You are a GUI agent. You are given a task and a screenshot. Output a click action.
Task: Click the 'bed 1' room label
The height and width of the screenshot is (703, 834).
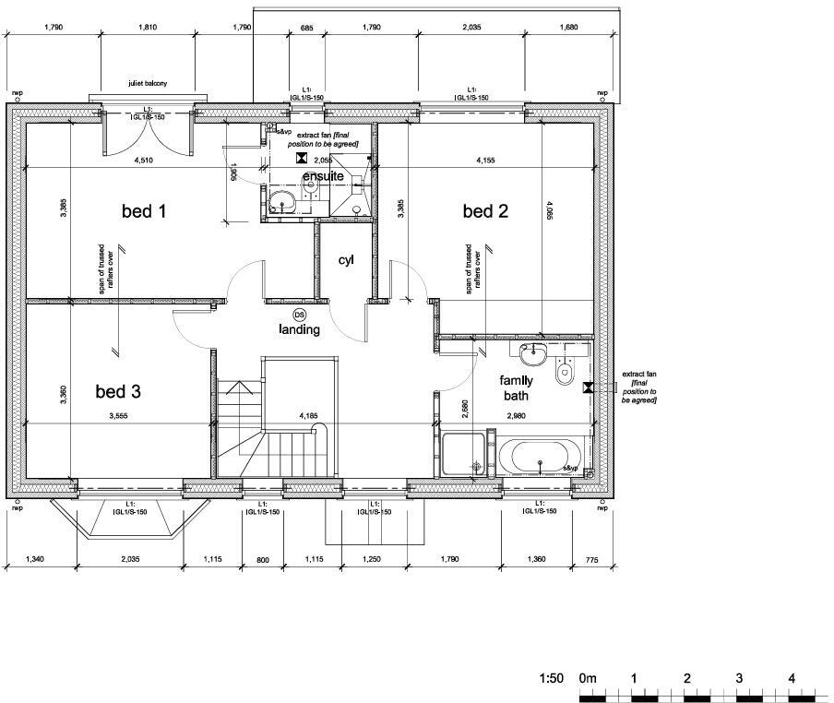[x=144, y=211]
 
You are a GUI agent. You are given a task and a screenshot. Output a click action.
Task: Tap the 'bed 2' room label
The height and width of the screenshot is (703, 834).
[x=485, y=211]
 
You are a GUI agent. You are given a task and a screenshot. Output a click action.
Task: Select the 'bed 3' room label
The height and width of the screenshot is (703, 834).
[x=118, y=392]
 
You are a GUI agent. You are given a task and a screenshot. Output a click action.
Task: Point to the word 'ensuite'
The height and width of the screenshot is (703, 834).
[x=323, y=175]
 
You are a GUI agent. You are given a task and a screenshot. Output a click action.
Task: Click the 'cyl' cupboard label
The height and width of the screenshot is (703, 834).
[x=345, y=260]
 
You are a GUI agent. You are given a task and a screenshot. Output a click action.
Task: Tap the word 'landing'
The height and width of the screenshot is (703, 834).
[x=300, y=329]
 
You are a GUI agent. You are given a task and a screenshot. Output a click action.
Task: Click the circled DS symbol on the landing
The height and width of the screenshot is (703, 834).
[x=300, y=315]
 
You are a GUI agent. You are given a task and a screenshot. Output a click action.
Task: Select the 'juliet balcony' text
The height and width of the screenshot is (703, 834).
[x=148, y=84]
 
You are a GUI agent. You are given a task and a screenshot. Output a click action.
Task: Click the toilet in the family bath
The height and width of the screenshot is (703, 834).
[x=566, y=374]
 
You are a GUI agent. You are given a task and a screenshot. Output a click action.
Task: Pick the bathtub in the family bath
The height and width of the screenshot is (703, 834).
[x=540, y=457]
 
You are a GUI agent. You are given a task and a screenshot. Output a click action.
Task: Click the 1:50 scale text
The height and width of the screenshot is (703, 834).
[x=551, y=678]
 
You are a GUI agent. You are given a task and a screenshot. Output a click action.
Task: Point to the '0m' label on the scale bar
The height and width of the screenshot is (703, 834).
[x=588, y=678]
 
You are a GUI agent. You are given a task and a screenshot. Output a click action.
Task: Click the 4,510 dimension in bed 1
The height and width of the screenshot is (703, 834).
[x=143, y=161]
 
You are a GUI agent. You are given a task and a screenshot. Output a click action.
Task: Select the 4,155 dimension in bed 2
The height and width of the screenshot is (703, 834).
[x=484, y=161]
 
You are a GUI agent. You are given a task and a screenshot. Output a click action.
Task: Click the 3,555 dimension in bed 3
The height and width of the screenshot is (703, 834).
[x=118, y=416]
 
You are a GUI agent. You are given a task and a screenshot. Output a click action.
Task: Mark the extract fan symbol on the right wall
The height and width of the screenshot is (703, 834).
[x=587, y=388]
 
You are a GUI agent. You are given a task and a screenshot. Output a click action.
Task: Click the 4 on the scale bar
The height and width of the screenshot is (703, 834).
[x=792, y=678]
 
